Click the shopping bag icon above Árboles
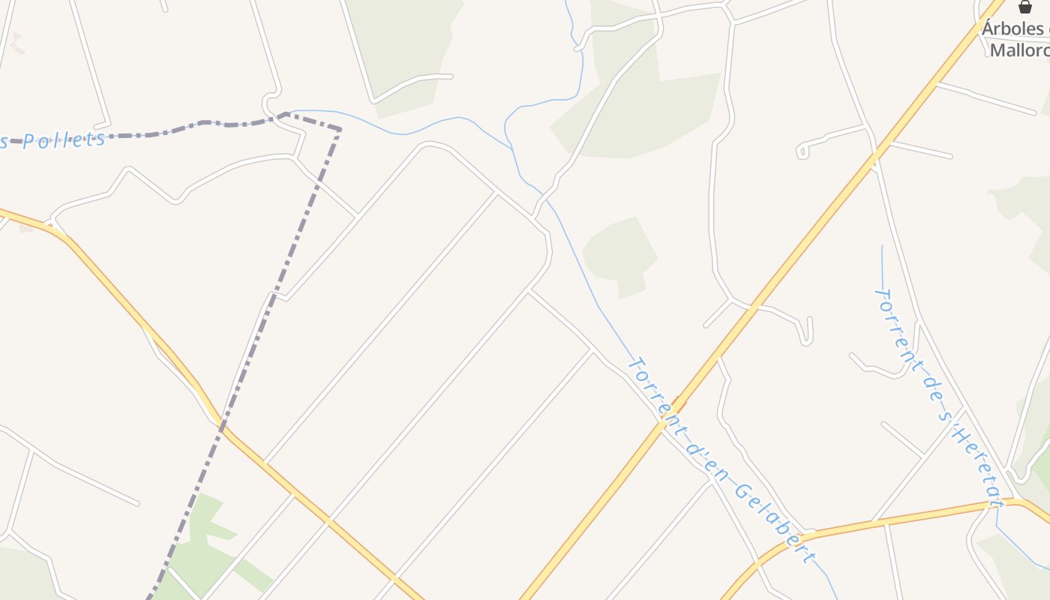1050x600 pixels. [1025, 7]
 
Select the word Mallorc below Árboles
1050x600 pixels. [1019, 50]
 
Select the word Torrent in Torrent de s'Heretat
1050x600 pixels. [895, 322]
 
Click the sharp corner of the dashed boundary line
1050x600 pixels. [340, 130]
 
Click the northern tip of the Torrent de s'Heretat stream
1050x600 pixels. [882, 246]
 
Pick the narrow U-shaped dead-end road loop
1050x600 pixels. [806, 334]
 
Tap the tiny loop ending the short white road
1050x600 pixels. [802, 151]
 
